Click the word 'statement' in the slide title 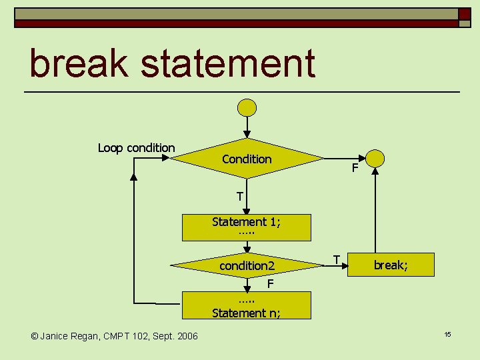click(x=228, y=64)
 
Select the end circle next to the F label click(x=375, y=158)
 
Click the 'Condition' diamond click(x=247, y=159)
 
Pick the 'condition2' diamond click(x=247, y=265)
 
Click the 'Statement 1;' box click(x=247, y=227)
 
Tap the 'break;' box click(x=391, y=265)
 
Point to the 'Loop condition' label click(x=136, y=148)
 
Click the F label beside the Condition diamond click(x=355, y=168)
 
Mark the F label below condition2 click(x=270, y=284)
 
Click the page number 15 click(x=448, y=333)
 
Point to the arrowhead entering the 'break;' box click(x=345, y=266)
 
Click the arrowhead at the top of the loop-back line click(x=134, y=177)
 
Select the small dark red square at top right click(x=464, y=14)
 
